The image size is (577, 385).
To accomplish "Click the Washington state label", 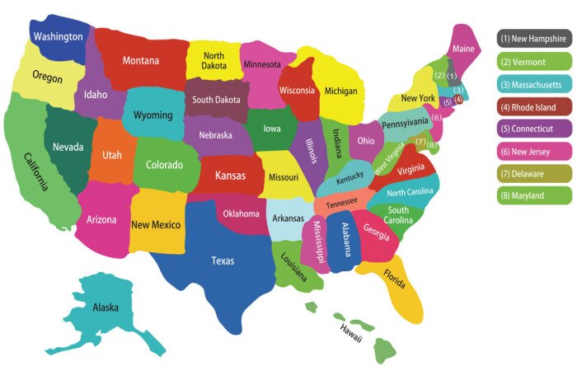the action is (58, 37).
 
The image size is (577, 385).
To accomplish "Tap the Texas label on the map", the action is (223, 261).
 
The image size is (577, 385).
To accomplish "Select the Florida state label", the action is (395, 280).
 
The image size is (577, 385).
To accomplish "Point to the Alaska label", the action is (106, 308).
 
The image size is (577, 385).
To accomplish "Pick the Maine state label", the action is (464, 49).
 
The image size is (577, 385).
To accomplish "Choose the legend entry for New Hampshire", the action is (534, 38).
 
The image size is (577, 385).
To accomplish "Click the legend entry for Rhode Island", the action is (534, 106).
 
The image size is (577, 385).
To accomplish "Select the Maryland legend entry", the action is (534, 195).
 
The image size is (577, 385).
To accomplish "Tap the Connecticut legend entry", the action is (534, 129).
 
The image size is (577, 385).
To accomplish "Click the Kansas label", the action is (230, 176).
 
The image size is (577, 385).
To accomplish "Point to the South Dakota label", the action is (215, 100).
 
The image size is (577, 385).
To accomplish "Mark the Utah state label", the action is (112, 155).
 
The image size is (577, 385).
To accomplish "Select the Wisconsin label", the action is (298, 90).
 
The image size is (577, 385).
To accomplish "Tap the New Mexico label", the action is (157, 224).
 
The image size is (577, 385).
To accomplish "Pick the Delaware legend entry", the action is (534, 173).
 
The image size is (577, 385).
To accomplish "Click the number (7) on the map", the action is (420, 142).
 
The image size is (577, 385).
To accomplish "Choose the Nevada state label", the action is (68, 147).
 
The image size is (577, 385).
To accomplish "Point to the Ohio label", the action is (365, 141).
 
